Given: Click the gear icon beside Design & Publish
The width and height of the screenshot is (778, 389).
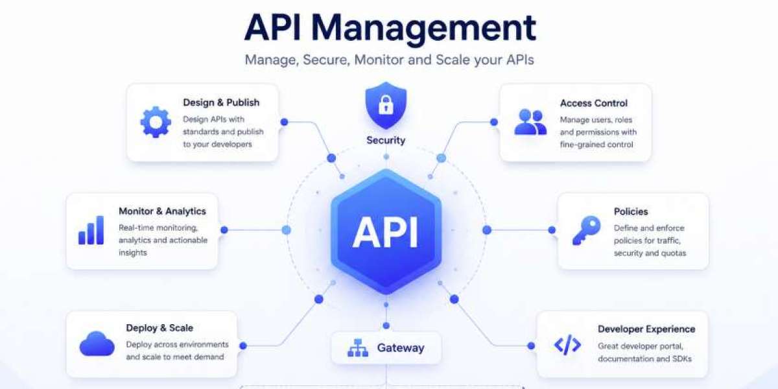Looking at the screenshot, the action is [x=156, y=122].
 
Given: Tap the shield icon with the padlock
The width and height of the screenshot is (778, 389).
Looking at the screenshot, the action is [x=386, y=105].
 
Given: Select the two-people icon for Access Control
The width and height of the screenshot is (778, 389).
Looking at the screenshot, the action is [x=530, y=122].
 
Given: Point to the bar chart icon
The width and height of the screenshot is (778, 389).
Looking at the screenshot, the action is [x=91, y=230].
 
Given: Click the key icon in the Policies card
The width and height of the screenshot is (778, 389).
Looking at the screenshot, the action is [x=586, y=230].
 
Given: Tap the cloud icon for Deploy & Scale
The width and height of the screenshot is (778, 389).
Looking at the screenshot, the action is [x=97, y=344].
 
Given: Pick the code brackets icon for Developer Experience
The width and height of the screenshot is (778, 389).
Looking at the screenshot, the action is [x=567, y=345].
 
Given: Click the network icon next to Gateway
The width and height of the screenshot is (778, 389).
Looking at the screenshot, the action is [x=358, y=348].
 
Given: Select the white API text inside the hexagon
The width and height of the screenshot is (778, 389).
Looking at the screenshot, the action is [x=385, y=232].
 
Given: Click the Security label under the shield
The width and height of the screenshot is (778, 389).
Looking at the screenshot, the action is [x=386, y=140].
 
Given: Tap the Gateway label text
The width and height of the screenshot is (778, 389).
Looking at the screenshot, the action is [x=401, y=348].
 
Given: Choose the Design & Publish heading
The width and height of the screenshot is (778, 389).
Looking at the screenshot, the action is [x=221, y=102].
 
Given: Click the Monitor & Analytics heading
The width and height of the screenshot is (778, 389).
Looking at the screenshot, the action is [x=162, y=211].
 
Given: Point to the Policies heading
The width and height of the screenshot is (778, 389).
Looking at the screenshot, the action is [x=631, y=211].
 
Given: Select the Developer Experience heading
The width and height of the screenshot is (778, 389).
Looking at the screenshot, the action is [x=646, y=329].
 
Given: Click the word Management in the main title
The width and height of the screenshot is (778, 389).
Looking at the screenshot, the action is [x=423, y=29].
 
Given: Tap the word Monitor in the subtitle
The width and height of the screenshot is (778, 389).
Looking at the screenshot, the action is [x=379, y=60].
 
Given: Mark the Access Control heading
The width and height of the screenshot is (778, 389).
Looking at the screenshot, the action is [x=594, y=103].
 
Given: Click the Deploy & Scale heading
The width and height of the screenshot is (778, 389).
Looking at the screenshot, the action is [x=159, y=328].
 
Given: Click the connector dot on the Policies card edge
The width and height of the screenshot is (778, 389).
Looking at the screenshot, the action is [x=552, y=230].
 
